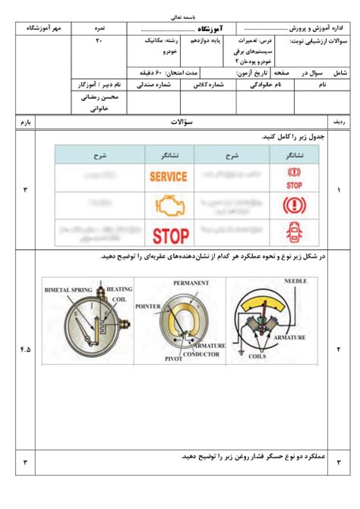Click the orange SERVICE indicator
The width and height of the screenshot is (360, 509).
pyautogui.click(x=168, y=177)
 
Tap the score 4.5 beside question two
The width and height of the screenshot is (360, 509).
pyautogui.click(x=25, y=350)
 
